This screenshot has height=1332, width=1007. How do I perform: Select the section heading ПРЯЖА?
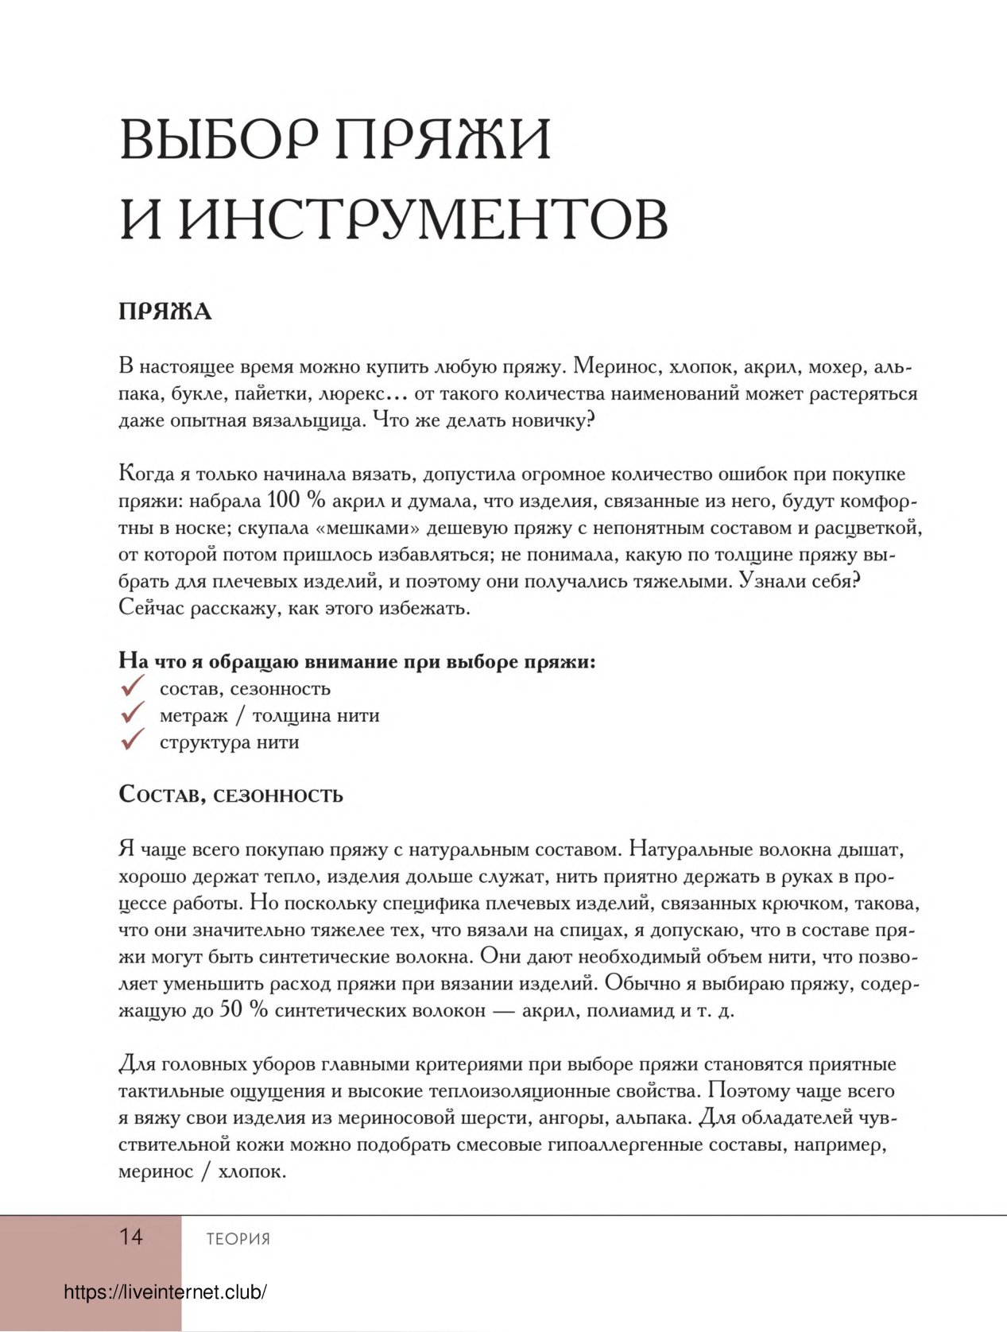tap(165, 312)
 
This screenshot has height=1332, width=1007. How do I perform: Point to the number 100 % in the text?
tap(296, 501)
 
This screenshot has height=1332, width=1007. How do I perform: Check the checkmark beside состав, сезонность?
tap(132, 686)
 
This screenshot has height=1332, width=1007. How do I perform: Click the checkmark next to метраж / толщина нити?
tap(132, 713)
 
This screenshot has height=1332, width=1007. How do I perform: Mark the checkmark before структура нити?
tap(132, 740)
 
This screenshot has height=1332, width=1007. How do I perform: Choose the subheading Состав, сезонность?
tap(230, 795)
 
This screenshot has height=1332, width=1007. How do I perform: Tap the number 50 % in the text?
tap(243, 1010)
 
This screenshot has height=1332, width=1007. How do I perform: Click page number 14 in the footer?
tap(131, 1237)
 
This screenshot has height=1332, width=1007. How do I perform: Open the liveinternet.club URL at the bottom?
tap(165, 1292)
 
